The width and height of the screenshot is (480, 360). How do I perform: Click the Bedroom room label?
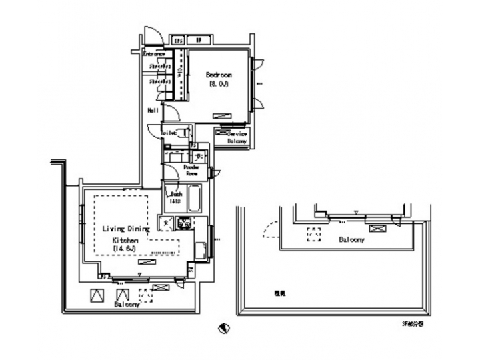click(219, 75)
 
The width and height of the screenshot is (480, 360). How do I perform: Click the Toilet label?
click(169, 133)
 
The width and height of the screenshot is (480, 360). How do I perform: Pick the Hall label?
click(153, 111)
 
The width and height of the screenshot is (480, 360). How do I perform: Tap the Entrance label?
click(155, 54)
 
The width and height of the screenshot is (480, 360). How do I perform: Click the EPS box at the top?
click(179, 40)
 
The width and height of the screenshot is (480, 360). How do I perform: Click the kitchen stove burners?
click(183, 223)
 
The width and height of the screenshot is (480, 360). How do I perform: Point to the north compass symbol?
click(225, 328)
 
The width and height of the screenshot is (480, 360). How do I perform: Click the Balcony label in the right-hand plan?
click(351, 239)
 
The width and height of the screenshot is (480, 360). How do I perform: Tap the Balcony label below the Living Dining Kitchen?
click(126, 304)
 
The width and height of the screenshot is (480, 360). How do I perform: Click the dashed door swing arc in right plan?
click(270, 230)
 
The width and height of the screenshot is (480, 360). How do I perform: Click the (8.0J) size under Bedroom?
click(218, 85)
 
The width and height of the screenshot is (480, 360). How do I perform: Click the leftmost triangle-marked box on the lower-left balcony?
click(97, 295)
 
